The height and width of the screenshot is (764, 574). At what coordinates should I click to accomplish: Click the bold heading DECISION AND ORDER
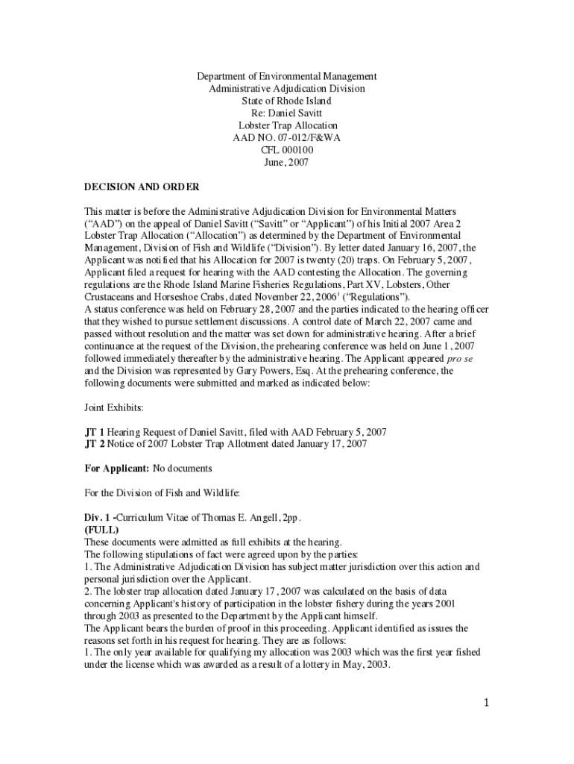click(142, 187)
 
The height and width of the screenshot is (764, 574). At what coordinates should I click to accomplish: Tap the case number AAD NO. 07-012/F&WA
click(287, 138)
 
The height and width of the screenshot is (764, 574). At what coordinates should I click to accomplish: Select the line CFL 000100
click(287, 150)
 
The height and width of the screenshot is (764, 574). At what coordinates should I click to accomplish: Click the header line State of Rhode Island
click(287, 101)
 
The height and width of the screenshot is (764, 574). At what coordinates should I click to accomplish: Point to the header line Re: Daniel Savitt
click(287, 113)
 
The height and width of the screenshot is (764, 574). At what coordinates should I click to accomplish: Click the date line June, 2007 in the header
click(287, 162)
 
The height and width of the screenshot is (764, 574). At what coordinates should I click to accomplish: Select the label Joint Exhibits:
click(114, 407)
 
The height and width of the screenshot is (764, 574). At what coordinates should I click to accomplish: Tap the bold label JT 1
click(95, 432)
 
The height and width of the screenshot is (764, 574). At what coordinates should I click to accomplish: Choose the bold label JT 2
click(95, 444)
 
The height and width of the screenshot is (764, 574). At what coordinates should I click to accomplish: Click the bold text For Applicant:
click(116, 469)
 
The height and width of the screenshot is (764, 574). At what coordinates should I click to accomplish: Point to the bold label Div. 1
click(98, 517)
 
